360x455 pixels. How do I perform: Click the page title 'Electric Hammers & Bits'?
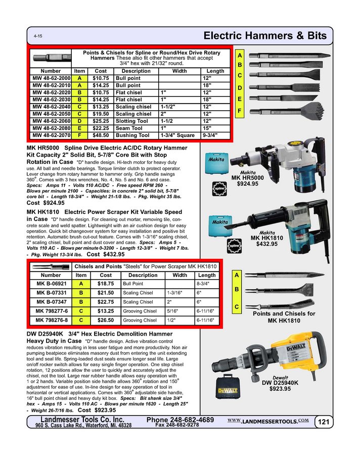tap(264, 36)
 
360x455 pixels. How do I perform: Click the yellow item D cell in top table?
tap(79, 121)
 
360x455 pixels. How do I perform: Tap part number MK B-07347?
tap(51, 302)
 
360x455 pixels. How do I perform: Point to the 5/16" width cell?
tap(179, 311)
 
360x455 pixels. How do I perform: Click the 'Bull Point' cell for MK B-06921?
tap(143, 284)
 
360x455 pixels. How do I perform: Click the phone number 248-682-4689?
tap(180, 420)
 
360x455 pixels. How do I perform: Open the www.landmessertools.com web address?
tap(267, 421)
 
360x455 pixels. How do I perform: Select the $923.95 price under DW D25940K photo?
tap(280, 389)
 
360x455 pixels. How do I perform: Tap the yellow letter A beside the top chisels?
tap(240, 54)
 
